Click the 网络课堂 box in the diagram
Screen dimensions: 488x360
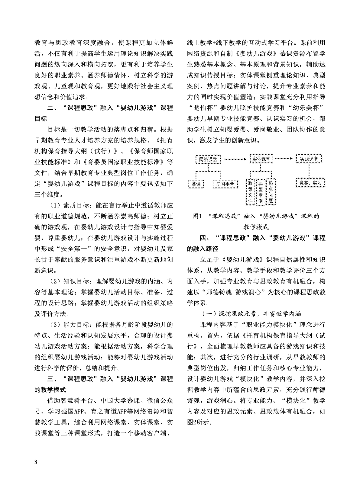pyautogui.click(x=208, y=159)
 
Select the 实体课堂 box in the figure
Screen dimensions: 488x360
pyautogui.click(x=261, y=159)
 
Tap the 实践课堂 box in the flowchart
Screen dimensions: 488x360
pyautogui.click(x=309, y=159)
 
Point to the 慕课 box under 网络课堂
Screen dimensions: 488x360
pyautogui.click(x=196, y=184)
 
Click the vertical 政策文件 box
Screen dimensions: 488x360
pyautogui.click(x=250, y=192)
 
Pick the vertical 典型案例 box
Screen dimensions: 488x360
pyautogui.click(x=260, y=192)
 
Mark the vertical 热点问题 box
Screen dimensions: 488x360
pyautogui.click(x=271, y=192)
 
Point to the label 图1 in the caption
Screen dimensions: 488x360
pyautogui.click(x=197, y=216)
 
